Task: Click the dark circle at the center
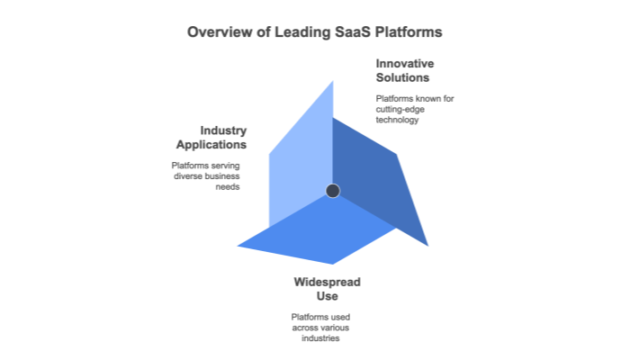click(x=332, y=190)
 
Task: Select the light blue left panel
click(x=301, y=162)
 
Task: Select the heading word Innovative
click(x=405, y=64)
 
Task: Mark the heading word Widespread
click(x=328, y=282)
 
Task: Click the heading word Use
click(x=328, y=296)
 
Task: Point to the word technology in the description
click(x=398, y=119)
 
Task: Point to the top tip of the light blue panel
click(x=333, y=81)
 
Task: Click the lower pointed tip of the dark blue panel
click(x=427, y=245)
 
